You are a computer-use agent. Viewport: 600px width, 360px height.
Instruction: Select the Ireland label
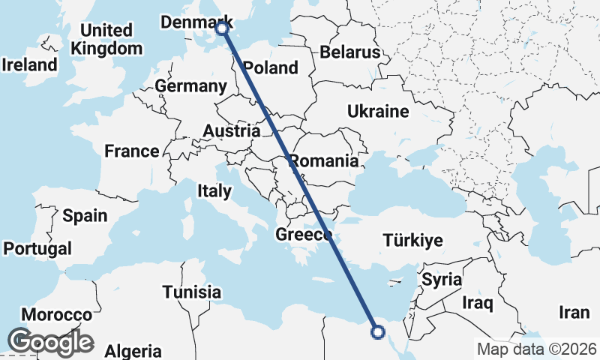pyautogui.click(x=30, y=64)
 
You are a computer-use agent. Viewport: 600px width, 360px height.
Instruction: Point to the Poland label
pyautogui.click(x=271, y=67)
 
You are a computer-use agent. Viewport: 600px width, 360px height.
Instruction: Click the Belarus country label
pyautogui.click(x=350, y=52)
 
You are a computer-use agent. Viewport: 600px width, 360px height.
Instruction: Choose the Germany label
pyautogui.click(x=191, y=86)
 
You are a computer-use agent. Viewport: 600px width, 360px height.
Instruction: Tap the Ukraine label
pyautogui.click(x=378, y=112)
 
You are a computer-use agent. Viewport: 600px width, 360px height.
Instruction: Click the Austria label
pyautogui.click(x=232, y=131)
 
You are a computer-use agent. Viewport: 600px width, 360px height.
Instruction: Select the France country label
pyautogui.click(x=132, y=151)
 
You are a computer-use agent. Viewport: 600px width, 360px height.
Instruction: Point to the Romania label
pyautogui.click(x=324, y=160)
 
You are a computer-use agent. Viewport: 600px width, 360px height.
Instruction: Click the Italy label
pyautogui.click(x=214, y=191)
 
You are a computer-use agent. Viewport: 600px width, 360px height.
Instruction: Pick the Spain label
pyautogui.click(x=85, y=216)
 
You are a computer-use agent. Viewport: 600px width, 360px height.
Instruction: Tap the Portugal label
pyautogui.click(x=37, y=248)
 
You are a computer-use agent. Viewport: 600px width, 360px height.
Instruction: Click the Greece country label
pyautogui.click(x=304, y=235)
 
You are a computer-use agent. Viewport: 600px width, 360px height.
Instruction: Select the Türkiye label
pyautogui.click(x=412, y=241)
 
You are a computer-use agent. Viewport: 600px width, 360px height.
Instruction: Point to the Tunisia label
pyautogui.click(x=192, y=292)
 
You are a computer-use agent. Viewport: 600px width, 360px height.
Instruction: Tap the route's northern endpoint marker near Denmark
pyautogui.click(x=222, y=28)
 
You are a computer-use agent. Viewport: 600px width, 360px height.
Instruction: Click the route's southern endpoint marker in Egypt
pyautogui.click(x=378, y=331)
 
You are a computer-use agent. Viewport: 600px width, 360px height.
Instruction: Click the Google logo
pyautogui.click(x=50, y=342)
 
